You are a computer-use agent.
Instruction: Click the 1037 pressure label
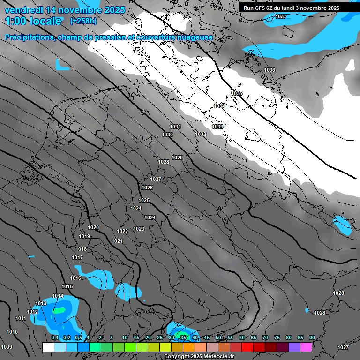click(280, 17)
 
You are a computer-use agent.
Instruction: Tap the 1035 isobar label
click(237, 93)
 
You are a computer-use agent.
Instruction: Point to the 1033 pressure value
click(217, 127)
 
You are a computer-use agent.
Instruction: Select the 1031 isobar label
click(175, 127)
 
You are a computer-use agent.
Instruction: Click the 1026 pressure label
click(147, 187)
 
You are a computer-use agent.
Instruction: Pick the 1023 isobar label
click(139, 229)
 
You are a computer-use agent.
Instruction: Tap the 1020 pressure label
click(93, 227)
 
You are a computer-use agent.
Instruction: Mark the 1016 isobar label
click(75, 278)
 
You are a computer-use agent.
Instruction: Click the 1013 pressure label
click(41, 303)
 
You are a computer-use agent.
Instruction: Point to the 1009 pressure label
click(7, 347)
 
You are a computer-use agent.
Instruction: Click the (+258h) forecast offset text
click(83, 21)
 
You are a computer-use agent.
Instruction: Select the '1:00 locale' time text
click(33, 21)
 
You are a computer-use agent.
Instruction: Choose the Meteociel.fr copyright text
click(199, 356)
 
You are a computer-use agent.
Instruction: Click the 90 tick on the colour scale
click(312, 337)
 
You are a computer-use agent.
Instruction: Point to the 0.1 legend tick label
click(54, 337)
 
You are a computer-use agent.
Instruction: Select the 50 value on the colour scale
click(218, 337)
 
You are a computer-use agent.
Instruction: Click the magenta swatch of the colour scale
click(306, 347)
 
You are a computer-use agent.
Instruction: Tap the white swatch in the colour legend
click(48, 347)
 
